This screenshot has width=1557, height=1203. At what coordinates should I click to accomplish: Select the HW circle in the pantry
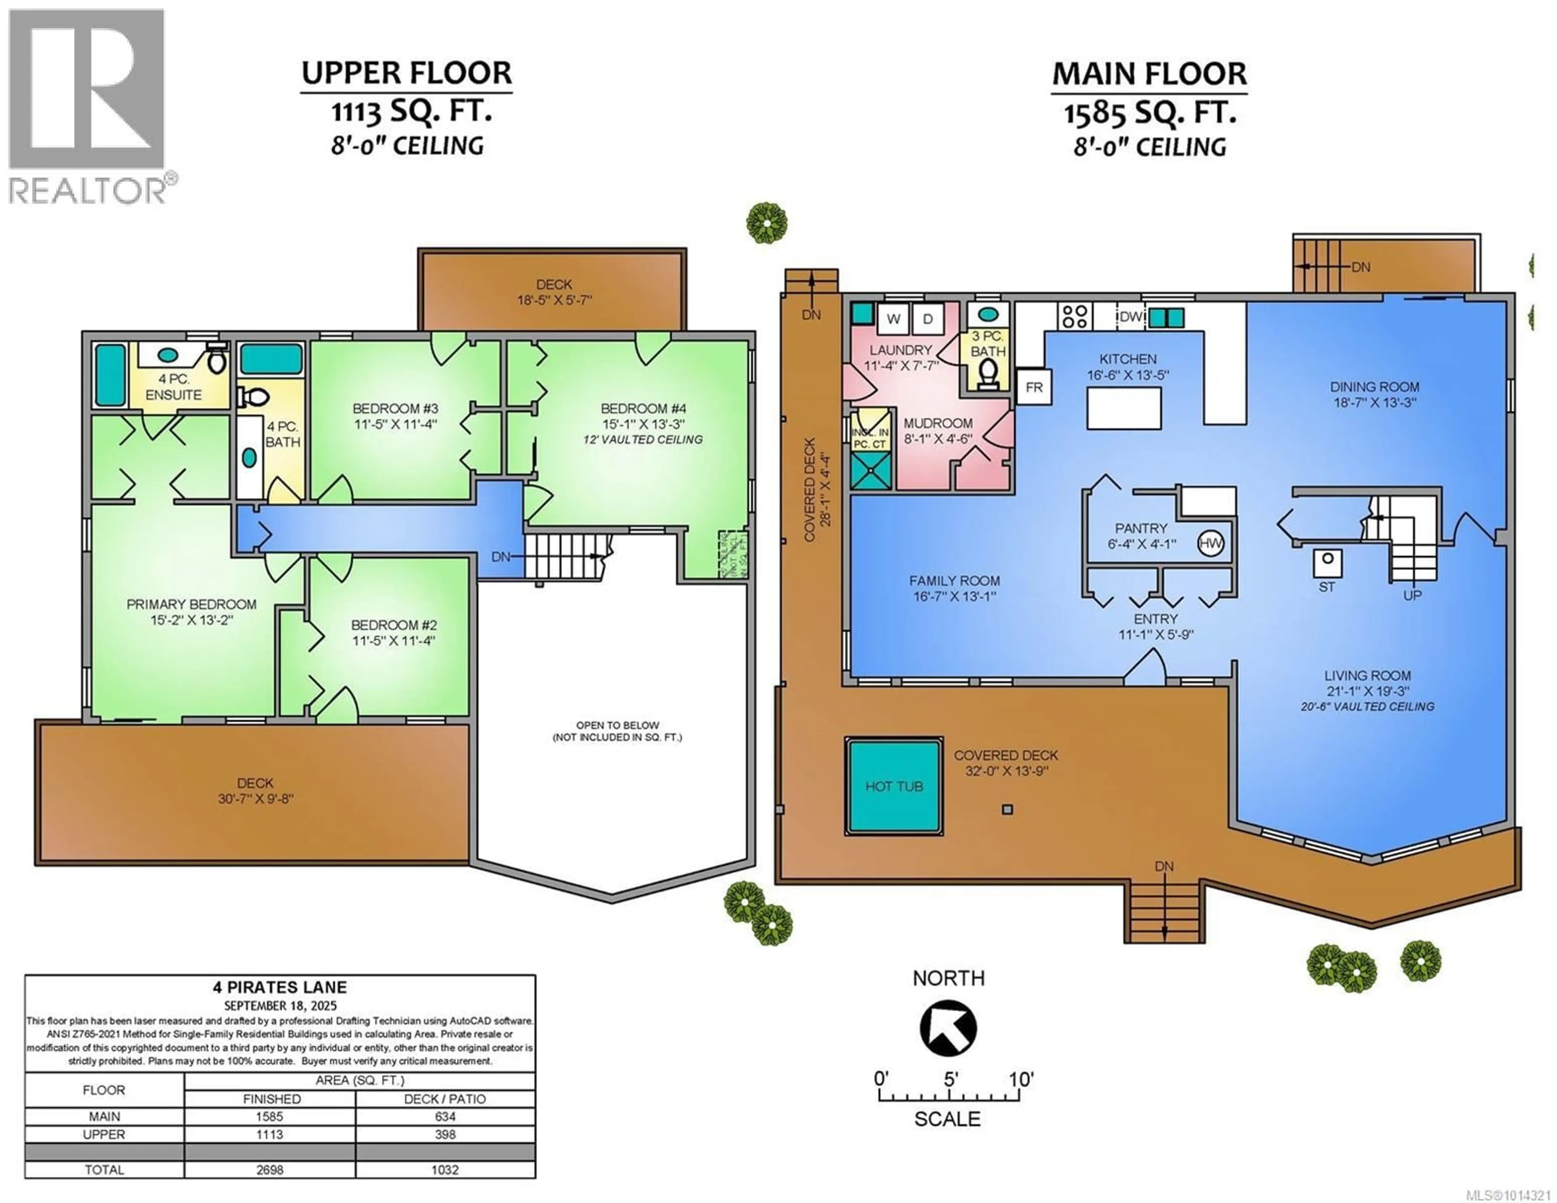(1210, 543)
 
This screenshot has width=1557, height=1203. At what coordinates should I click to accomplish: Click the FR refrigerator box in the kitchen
(1034, 387)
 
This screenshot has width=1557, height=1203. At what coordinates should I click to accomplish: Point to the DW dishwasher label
(1131, 317)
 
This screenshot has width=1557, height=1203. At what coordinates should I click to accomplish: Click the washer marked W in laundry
(893, 319)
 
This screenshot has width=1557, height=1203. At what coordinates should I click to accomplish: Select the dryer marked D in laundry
(927, 319)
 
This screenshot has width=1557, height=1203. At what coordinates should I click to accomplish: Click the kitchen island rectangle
(1124, 409)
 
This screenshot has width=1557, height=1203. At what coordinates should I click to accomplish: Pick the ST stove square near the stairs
(1328, 563)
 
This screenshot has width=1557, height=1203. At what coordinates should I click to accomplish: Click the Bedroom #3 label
(395, 409)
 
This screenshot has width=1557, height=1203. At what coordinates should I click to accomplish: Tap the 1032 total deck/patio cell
(445, 1169)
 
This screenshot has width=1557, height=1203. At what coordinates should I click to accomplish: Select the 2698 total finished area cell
(270, 1169)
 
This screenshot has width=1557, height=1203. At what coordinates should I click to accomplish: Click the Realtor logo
(87, 107)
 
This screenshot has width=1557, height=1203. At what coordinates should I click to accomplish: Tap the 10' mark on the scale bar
(1021, 1080)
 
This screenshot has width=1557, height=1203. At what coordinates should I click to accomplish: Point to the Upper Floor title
(406, 73)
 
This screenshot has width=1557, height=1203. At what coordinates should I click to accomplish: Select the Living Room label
(1367, 675)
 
